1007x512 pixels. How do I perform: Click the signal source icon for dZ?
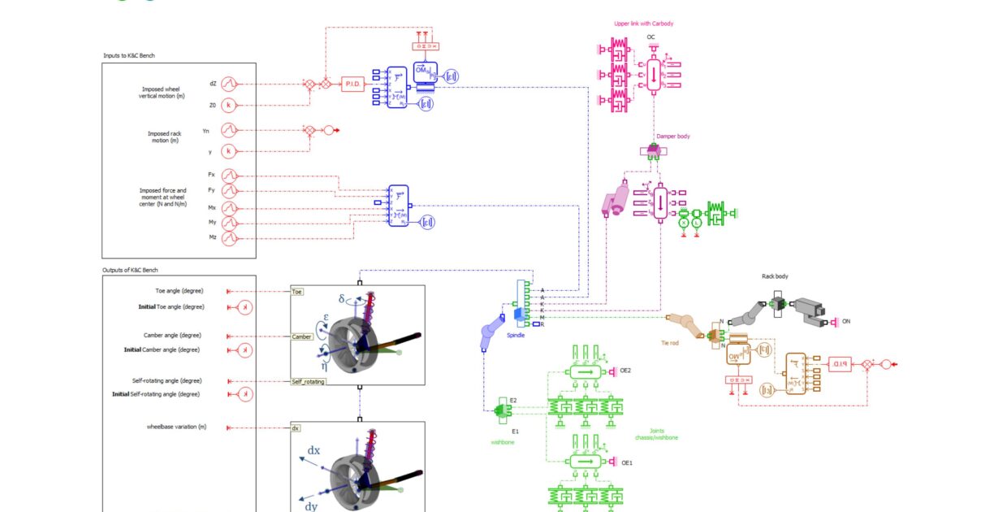[x=229, y=84]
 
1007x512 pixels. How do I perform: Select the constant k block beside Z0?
[x=229, y=105]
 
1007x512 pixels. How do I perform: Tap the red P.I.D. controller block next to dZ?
[x=353, y=84]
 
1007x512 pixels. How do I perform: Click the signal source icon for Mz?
[x=229, y=237]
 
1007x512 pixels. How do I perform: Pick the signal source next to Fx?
[x=229, y=175]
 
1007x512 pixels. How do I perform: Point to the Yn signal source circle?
[x=229, y=129]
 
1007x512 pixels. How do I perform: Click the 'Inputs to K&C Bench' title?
[x=129, y=55]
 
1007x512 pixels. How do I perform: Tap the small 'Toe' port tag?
[x=297, y=291]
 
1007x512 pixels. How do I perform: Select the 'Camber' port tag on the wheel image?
[x=301, y=336]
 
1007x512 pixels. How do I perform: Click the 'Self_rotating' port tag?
[x=308, y=380]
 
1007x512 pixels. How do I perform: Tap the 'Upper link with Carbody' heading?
[x=643, y=24]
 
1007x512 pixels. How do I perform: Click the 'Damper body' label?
[x=673, y=137]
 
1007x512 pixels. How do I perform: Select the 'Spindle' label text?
[x=516, y=334]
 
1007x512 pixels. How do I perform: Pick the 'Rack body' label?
[x=775, y=276]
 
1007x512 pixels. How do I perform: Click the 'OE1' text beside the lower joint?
[x=626, y=462]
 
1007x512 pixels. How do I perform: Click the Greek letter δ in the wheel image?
[x=343, y=298]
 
